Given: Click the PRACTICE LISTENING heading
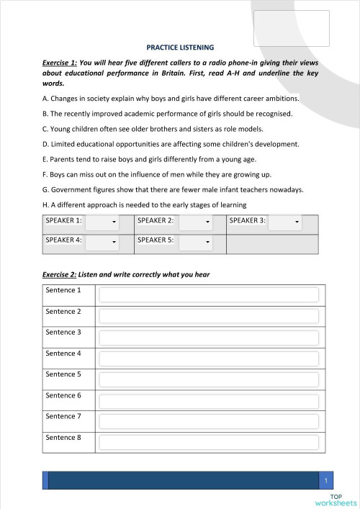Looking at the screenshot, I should click(x=180, y=48).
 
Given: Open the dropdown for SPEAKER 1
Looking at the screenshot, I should click(x=102, y=222).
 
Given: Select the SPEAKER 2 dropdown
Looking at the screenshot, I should click(x=195, y=222).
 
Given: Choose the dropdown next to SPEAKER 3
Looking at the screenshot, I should click(x=285, y=222).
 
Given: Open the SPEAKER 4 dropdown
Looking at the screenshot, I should click(x=102, y=243).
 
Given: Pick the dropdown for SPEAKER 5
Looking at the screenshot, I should click(x=195, y=243).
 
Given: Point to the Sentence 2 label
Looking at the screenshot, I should click(x=63, y=312).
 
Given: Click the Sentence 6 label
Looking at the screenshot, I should click(x=63, y=395).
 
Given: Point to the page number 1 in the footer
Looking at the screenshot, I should click(x=326, y=480).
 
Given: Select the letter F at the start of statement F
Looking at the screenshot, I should click(x=45, y=175).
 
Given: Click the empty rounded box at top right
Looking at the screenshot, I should click(x=292, y=28).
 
